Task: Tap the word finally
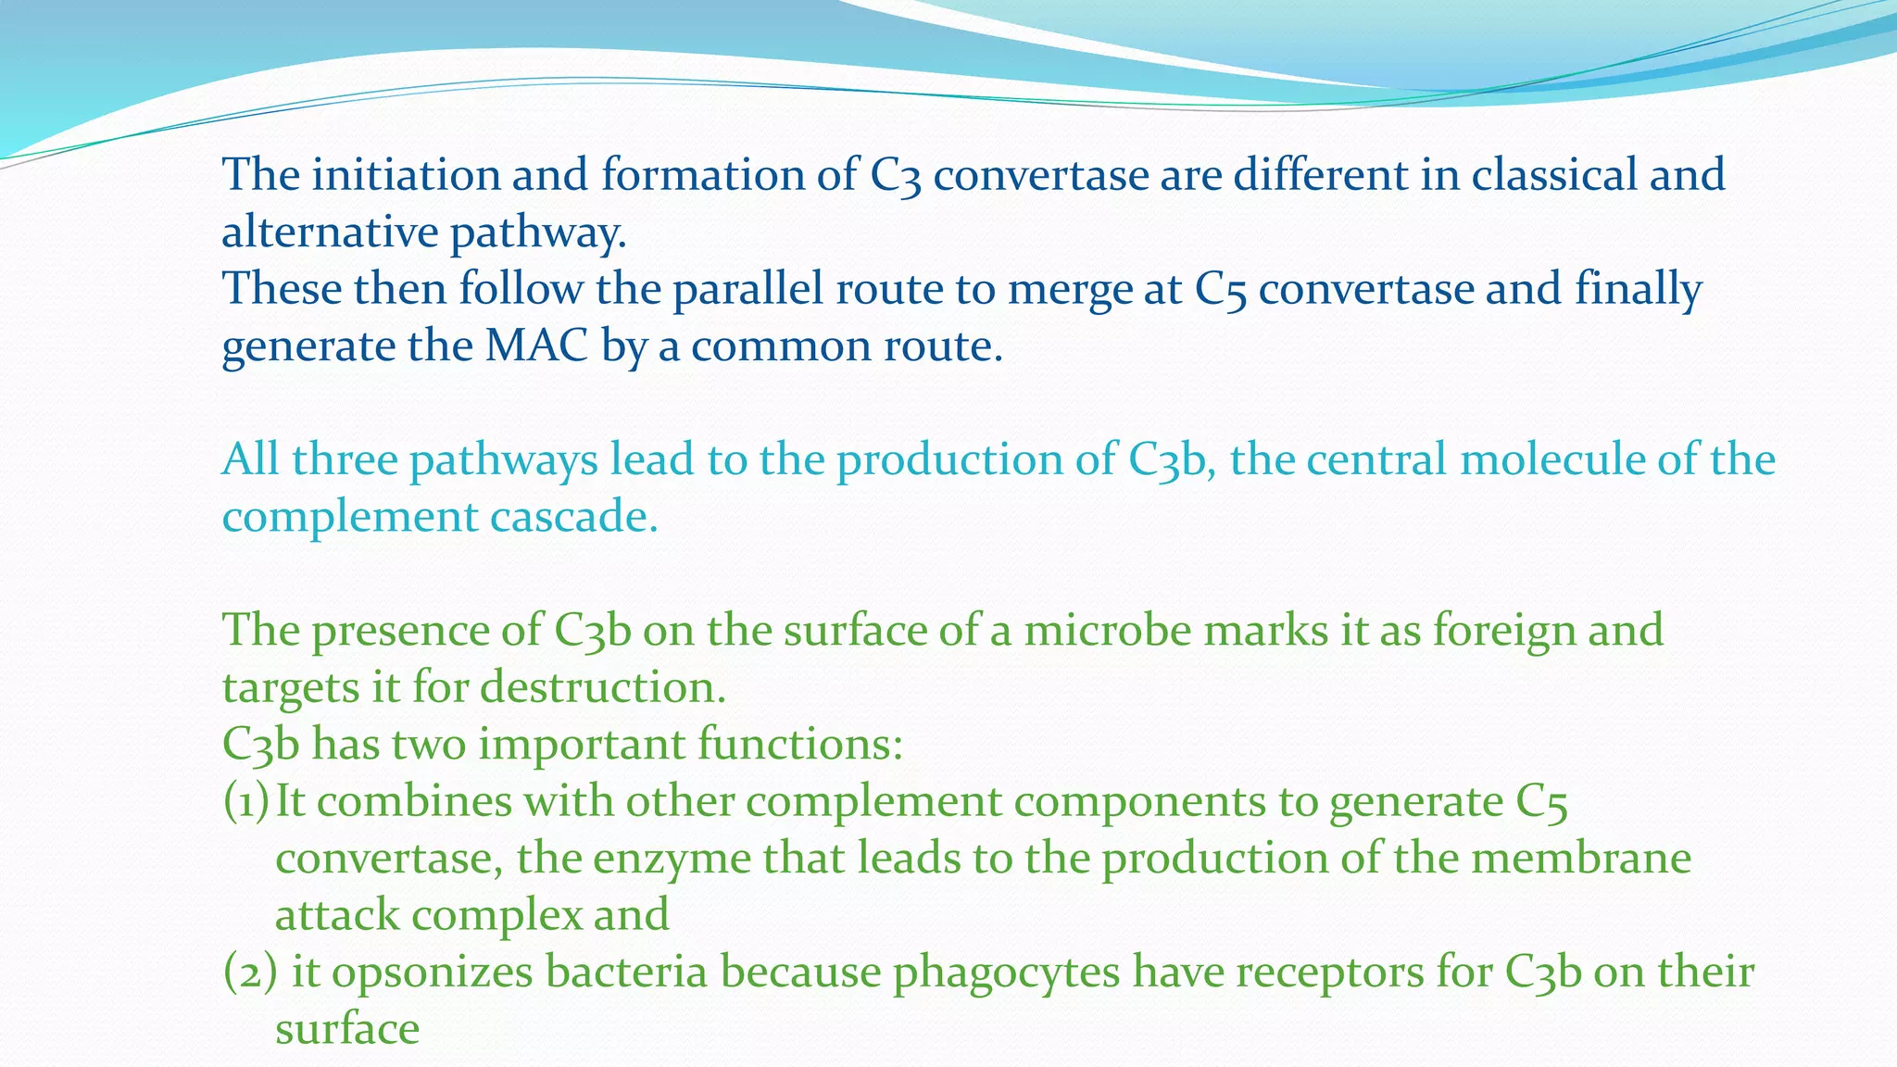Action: click(x=1638, y=289)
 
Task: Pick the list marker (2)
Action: click(x=249, y=973)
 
